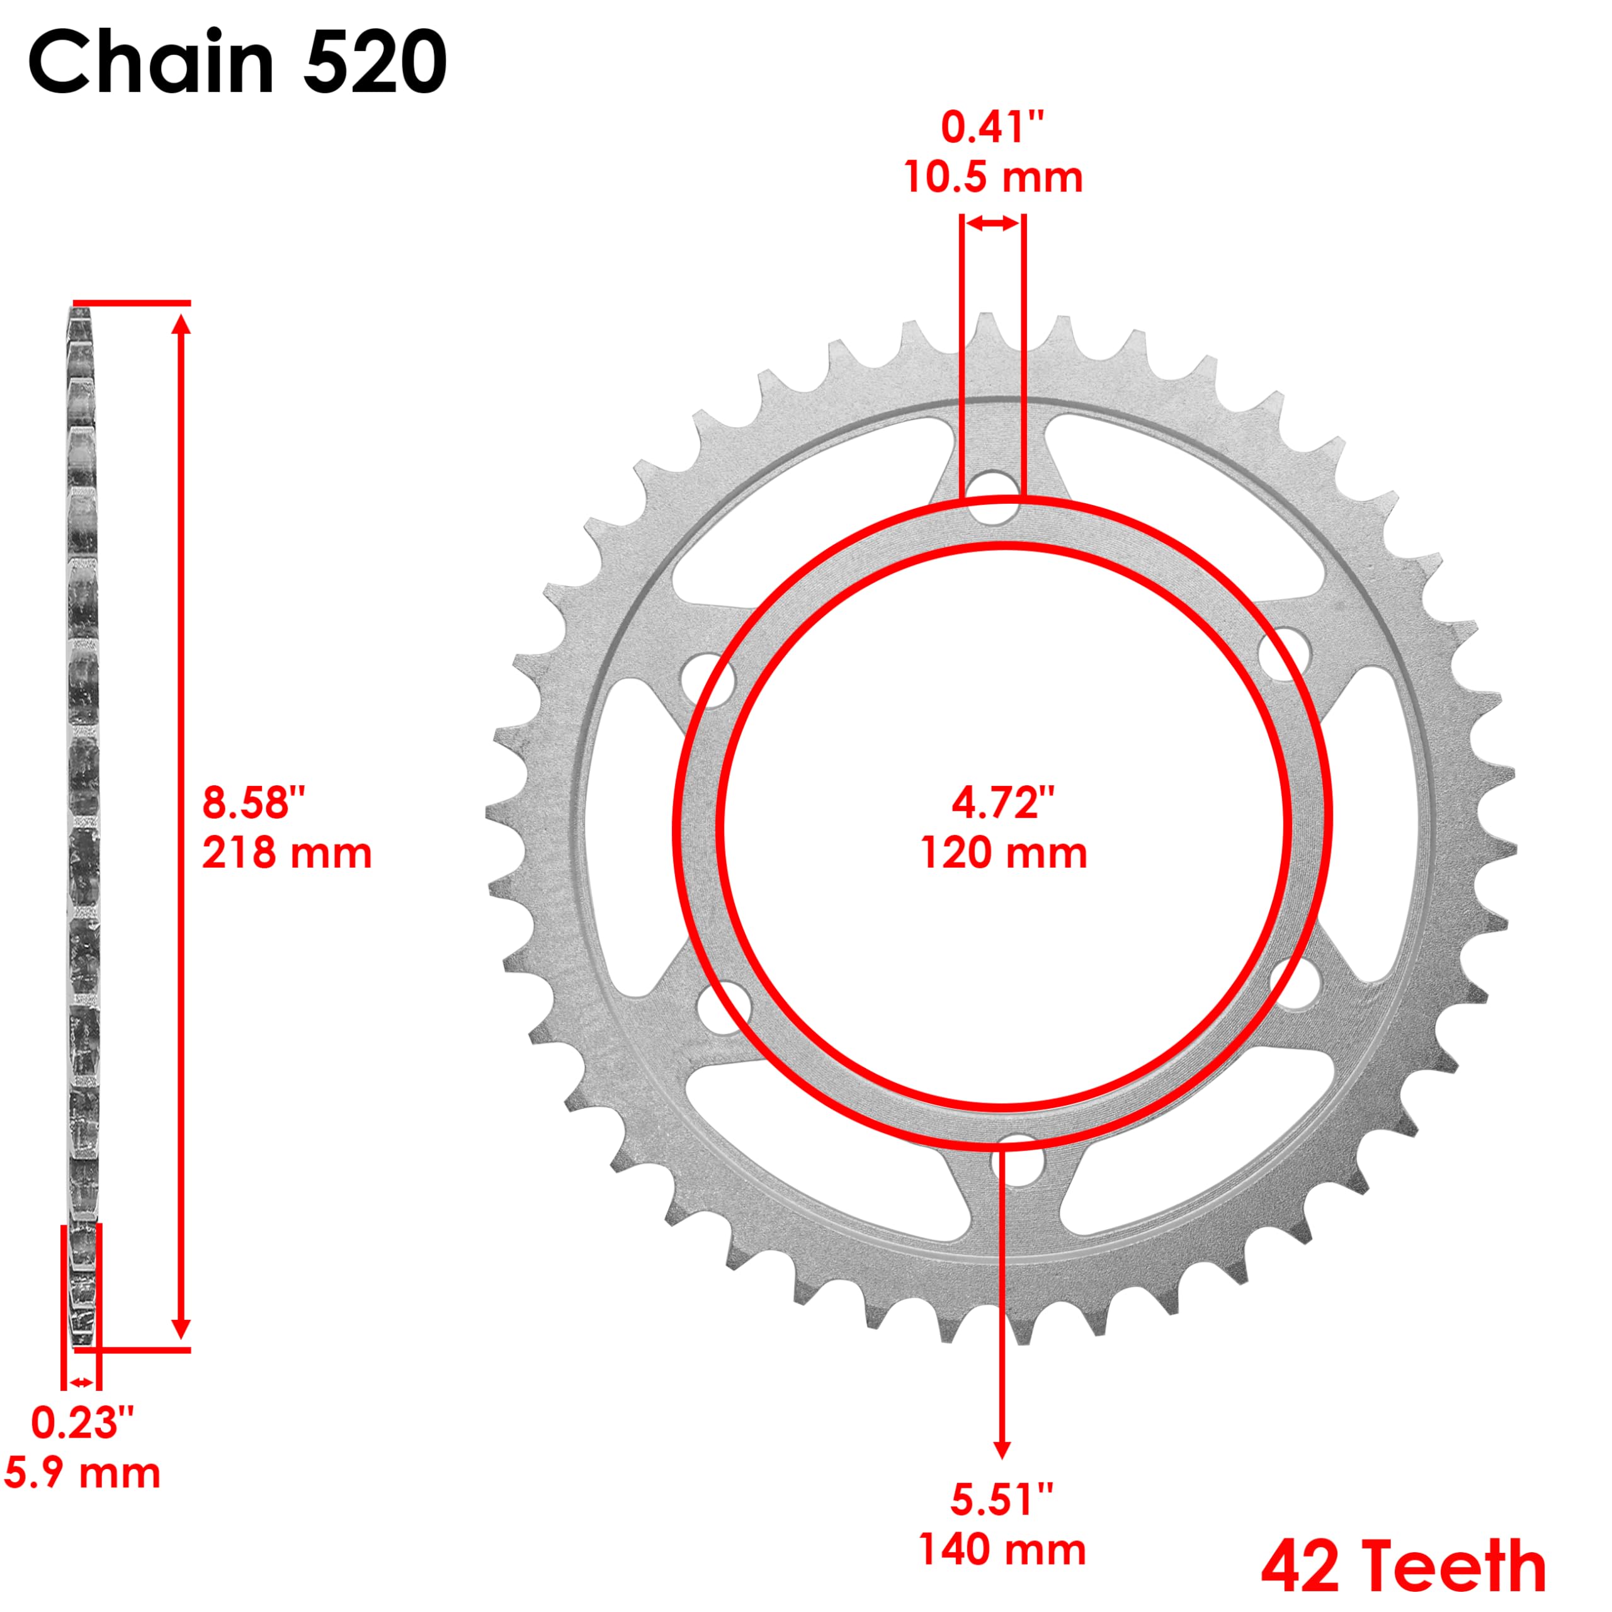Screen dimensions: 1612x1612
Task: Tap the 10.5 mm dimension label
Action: [993, 178]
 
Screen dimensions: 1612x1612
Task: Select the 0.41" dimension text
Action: [993, 128]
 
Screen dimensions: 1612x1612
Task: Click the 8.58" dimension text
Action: [254, 803]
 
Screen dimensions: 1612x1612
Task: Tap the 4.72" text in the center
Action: [1004, 803]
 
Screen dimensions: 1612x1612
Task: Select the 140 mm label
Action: [1002, 1550]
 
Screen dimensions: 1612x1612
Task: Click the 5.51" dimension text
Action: [1002, 1499]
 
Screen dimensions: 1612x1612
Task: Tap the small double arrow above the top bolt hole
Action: [993, 224]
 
